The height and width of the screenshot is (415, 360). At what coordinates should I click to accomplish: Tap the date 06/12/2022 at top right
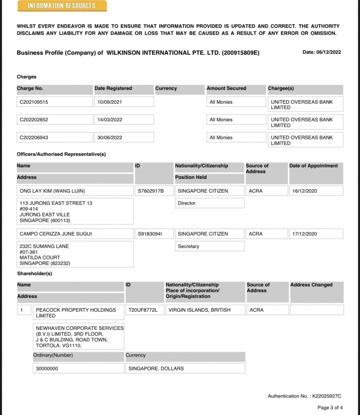322,52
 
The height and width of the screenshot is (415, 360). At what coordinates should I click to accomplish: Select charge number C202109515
34,102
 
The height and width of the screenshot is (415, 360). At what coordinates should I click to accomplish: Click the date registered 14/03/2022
110,120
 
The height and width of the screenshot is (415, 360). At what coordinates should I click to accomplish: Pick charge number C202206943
34,138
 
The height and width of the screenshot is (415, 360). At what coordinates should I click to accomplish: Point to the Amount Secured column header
226,88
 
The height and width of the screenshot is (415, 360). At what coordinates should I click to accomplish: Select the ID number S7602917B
151,191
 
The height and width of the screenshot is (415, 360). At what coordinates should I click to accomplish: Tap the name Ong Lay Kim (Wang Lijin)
52,191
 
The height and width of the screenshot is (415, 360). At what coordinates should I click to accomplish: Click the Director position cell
187,203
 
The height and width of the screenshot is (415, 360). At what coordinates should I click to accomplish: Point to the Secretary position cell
189,246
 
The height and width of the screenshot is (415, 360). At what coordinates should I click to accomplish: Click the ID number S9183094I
150,234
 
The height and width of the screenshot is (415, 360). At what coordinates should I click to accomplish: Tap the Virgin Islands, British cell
199,310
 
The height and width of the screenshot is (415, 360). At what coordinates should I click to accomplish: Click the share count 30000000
47,368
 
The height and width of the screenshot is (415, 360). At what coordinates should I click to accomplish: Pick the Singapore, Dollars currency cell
156,368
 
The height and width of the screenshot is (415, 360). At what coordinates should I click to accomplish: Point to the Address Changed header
311,285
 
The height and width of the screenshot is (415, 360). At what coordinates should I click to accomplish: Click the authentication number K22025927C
326,396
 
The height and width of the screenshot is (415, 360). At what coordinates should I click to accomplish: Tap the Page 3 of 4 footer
330,408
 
